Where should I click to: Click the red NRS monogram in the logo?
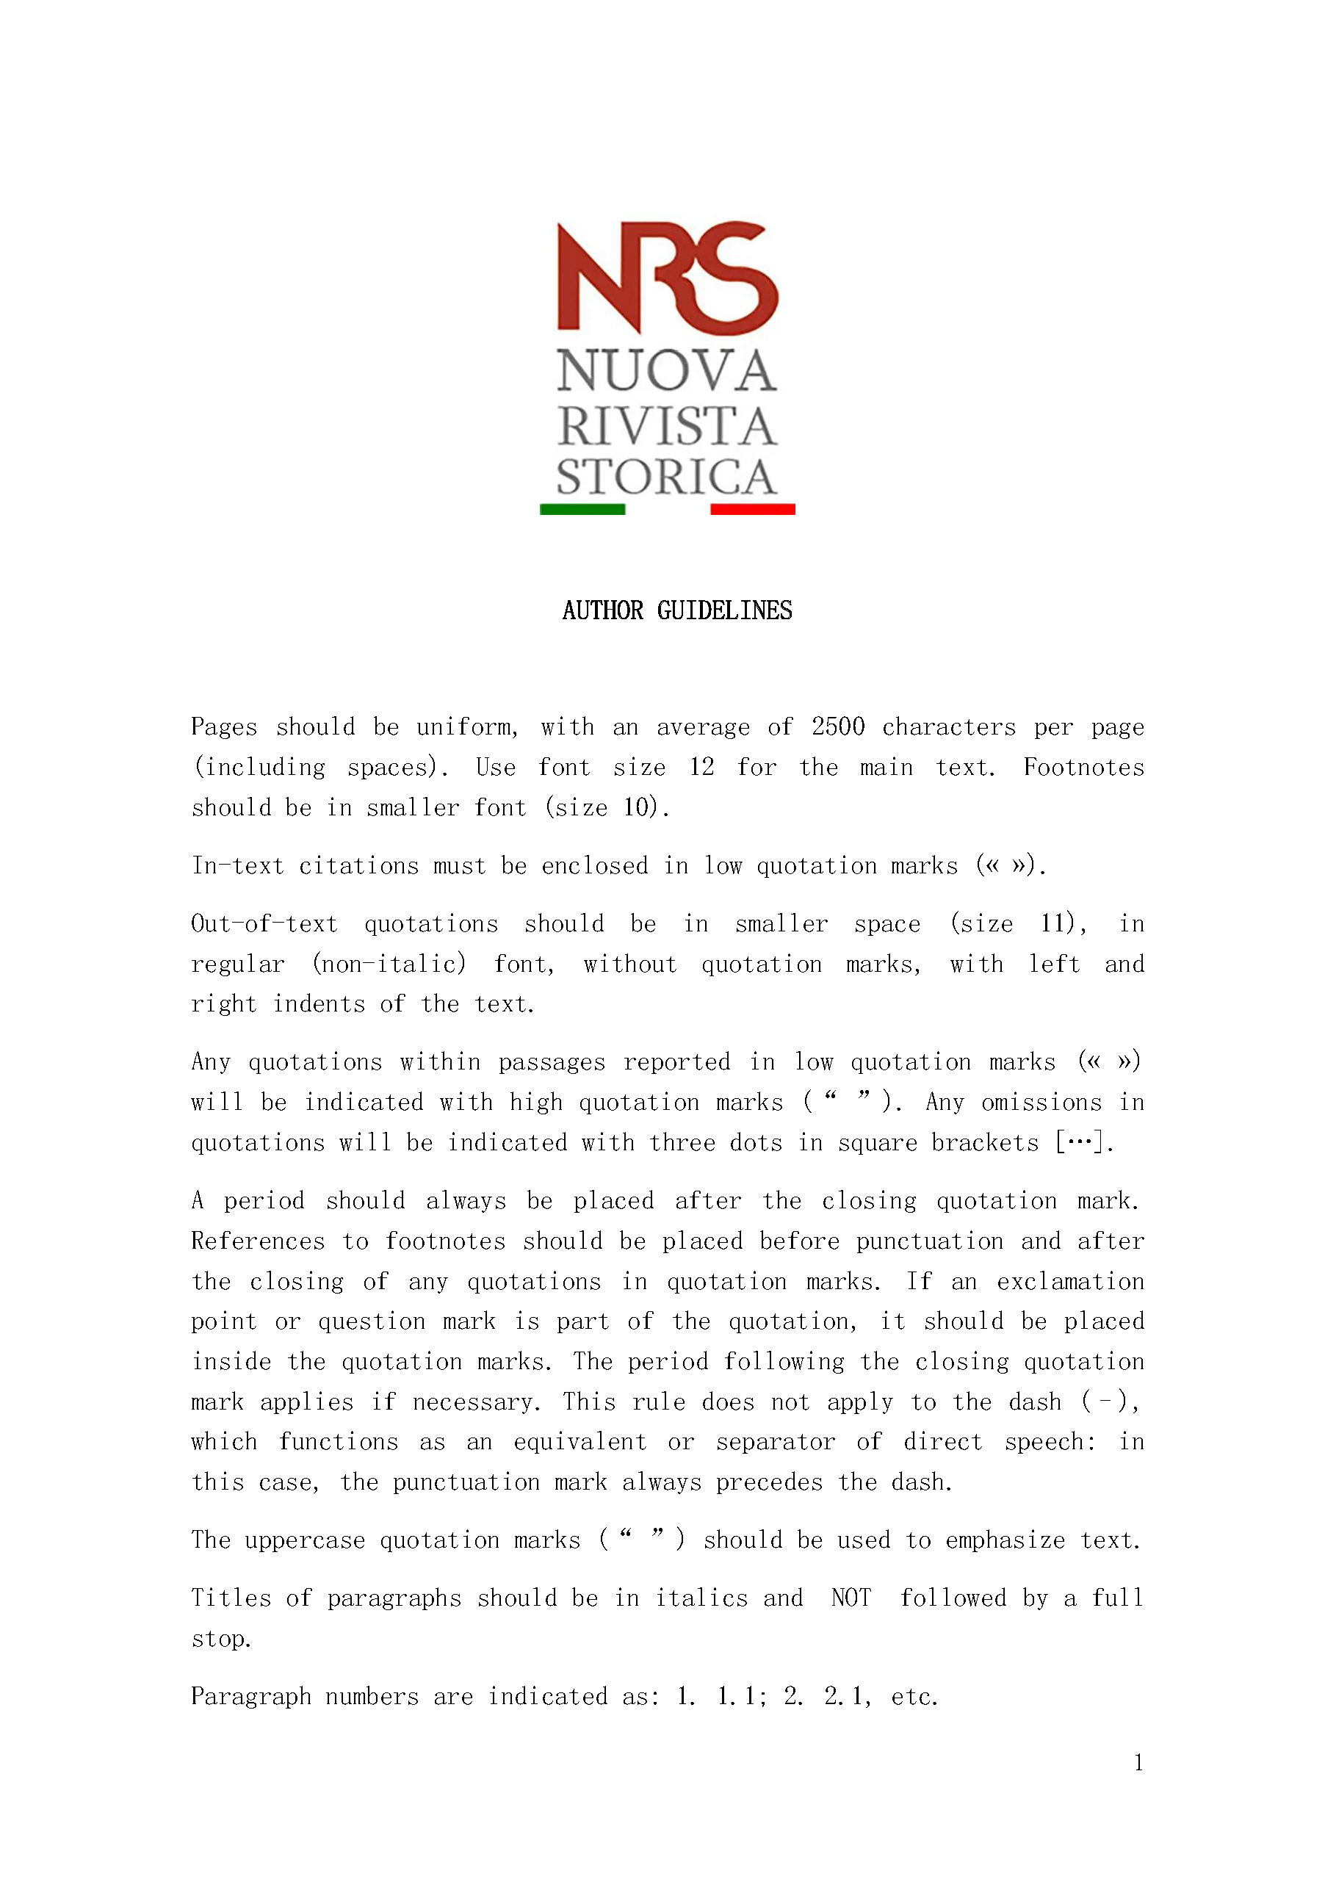click(x=667, y=278)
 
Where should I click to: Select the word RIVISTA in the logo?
click(x=666, y=426)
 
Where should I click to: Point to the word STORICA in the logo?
click(x=666, y=477)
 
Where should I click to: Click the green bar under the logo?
click(x=582, y=510)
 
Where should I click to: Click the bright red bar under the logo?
click(x=752, y=510)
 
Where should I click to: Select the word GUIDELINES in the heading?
click(x=724, y=611)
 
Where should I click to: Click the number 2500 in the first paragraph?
click(x=838, y=727)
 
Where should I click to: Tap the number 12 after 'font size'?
click(x=701, y=767)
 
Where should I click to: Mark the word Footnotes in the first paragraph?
click(x=1083, y=767)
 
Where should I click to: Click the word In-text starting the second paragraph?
click(x=238, y=866)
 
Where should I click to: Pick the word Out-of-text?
click(x=264, y=923)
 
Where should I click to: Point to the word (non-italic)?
click(x=389, y=964)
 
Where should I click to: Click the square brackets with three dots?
click(x=1083, y=1142)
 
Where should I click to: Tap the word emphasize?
click(x=1005, y=1540)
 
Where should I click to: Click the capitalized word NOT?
click(x=851, y=1598)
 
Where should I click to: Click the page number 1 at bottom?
click(x=1138, y=1762)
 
